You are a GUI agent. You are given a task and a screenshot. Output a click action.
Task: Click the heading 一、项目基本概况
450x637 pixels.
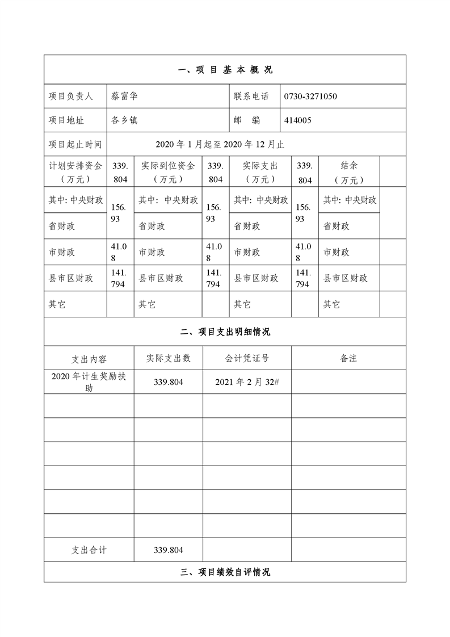(225, 70)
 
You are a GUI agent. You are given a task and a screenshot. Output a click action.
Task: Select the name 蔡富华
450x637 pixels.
(125, 97)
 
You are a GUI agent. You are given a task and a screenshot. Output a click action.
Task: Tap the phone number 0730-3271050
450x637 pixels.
(311, 97)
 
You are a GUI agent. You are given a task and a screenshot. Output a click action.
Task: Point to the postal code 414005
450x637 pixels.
(298, 120)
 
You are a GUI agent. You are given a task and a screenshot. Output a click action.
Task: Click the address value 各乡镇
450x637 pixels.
(125, 120)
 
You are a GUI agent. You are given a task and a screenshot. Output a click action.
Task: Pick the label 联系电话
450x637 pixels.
(251, 97)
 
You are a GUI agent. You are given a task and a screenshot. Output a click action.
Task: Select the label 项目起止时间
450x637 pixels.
(75, 145)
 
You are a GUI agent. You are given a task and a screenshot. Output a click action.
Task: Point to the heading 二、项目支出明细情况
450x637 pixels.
(225, 332)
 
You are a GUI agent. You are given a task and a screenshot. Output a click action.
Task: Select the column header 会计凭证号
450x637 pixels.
(247, 358)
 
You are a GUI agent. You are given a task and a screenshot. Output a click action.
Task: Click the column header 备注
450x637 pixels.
(348, 358)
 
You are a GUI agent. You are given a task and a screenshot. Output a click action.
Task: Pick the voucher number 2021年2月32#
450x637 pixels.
(247, 382)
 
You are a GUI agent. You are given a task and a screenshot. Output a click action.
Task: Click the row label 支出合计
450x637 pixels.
(89, 550)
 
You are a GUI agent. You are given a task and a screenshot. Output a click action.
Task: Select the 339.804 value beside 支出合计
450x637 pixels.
(169, 550)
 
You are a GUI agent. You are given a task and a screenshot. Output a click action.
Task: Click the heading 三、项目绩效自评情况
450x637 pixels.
(225, 572)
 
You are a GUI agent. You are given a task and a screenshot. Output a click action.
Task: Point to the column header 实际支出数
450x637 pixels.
(169, 358)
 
